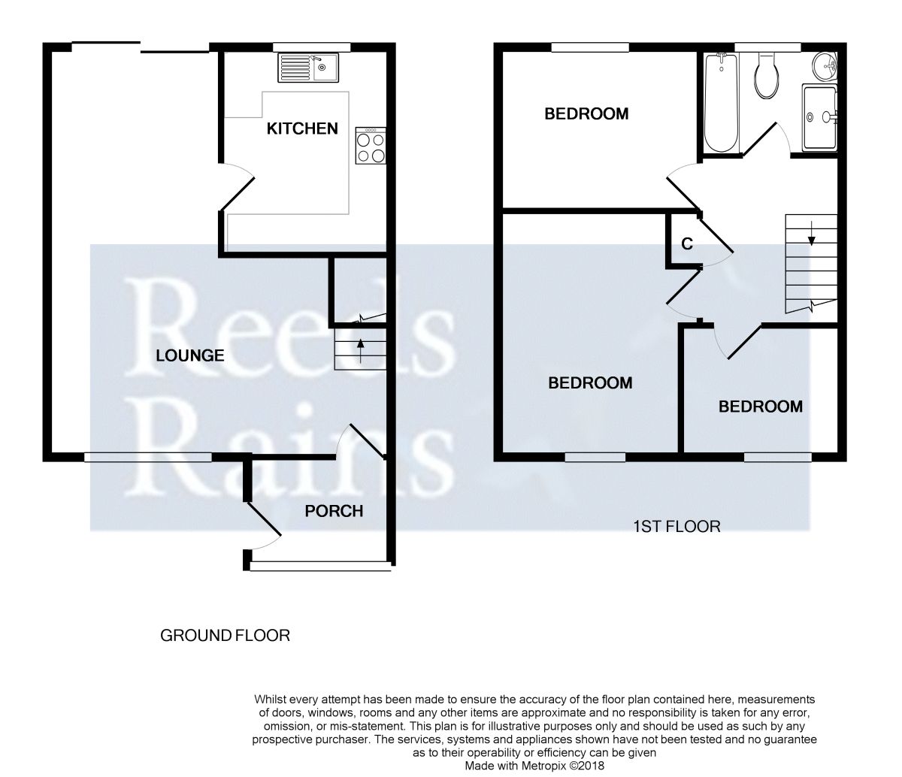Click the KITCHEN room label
302,128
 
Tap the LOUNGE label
190,355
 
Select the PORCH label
334,511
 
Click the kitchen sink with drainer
308,68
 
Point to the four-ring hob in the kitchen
371,146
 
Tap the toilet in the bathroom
766,75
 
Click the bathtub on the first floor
722,103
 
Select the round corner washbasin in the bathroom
825,66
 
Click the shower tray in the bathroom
820,118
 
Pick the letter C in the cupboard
687,244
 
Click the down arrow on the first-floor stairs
811,234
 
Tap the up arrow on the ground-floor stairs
360,351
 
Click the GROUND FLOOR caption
225,636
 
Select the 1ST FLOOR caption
676,527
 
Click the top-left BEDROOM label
586,114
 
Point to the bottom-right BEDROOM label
761,407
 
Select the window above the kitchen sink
312,47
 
